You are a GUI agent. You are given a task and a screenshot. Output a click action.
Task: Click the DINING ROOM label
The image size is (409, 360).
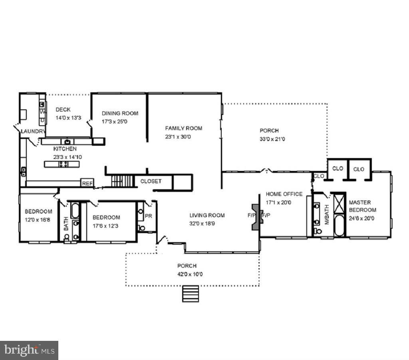pos(120,113)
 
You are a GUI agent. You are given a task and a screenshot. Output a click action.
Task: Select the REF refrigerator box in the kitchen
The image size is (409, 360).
pos(87,183)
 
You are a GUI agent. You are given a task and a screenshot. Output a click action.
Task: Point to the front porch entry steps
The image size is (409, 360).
pos(190,294)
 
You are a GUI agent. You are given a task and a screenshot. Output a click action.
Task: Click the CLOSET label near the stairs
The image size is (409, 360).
pos(151,181)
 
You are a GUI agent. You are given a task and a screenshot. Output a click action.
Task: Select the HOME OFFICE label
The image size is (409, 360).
pos(284,194)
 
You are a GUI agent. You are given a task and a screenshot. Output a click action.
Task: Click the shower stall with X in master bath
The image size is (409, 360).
pos(339,204)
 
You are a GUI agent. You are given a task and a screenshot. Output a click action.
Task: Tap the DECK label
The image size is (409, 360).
pos(63,110)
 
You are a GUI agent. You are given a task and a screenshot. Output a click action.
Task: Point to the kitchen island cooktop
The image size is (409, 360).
pos(63,164)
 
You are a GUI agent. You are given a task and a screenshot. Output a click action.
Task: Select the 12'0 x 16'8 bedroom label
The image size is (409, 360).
pos(38,220)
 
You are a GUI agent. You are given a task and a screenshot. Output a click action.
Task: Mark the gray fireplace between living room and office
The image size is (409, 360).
pos(255,217)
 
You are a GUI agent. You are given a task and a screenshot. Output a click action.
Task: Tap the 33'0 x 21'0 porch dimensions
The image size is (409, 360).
pos(272,139)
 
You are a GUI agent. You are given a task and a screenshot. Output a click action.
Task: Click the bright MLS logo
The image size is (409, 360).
pos(29,350)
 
